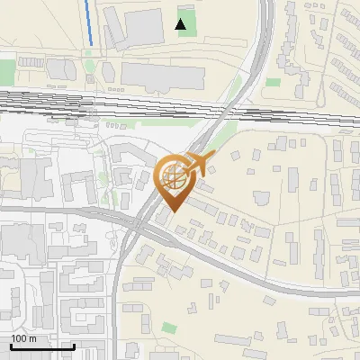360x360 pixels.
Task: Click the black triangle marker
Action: pyautogui.click(x=182, y=24)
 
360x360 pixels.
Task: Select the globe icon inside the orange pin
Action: pyautogui.click(x=173, y=177)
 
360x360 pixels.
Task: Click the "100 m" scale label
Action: pyautogui.click(x=23, y=338)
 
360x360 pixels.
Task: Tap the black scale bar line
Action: pyautogui.click(x=41, y=346)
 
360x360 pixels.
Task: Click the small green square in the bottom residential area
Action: pyautogui.click(x=170, y=328)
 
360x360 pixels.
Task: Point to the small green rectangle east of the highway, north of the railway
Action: pyautogui.click(x=273, y=82)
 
